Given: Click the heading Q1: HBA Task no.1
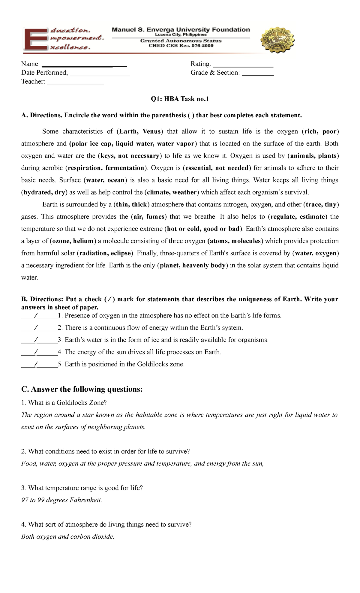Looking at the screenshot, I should [180, 99].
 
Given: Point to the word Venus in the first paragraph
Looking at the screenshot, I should [152, 131].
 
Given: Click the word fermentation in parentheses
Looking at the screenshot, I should [125, 168].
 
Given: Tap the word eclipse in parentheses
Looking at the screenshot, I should [121, 253].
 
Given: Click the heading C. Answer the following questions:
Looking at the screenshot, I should [82, 389].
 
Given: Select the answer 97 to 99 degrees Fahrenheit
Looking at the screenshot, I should [62, 500].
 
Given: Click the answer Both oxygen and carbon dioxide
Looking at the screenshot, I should [68, 537].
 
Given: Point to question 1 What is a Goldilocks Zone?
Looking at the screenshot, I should [64, 403].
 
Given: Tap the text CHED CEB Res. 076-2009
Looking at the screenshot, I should [181, 46].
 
